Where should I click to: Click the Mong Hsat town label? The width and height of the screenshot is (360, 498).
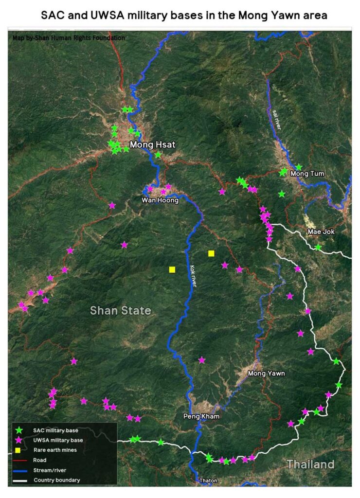pyautogui.click(x=152, y=144)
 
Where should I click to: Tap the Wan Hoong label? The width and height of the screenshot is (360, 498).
pyautogui.click(x=160, y=200)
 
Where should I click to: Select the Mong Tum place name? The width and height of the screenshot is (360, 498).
pyautogui.click(x=307, y=174)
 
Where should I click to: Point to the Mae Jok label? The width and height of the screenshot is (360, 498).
pyautogui.click(x=321, y=231)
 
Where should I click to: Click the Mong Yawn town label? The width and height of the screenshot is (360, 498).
pyautogui.click(x=266, y=373)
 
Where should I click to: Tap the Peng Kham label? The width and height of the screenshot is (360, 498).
pyautogui.click(x=201, y=416)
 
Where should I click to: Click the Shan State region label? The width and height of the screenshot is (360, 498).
pyautogui.click(x=121, y=310)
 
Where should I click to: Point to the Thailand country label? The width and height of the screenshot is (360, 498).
pyautogui.click(x=310, y=464)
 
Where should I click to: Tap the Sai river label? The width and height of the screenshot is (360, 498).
pyautogui.click(x=276, y=119)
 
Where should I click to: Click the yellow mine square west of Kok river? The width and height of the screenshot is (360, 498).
pyautogui.click(x=172, y=269)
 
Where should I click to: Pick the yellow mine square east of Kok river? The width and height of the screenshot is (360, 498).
pyautogui.click(x=211, y=253)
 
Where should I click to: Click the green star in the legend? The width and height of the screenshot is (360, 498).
pyautogui.click(x=19, y=430)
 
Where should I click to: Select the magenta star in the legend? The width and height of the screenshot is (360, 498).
pyautogui.click(x=19, y=440)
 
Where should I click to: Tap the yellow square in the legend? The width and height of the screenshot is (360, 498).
pyautogui.click(x=19, y=450)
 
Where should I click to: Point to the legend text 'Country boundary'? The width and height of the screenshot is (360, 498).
pyautogui.click(x=57, y=480)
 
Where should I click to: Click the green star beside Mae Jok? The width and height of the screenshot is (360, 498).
pyautogui.click(x=318, y=248)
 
